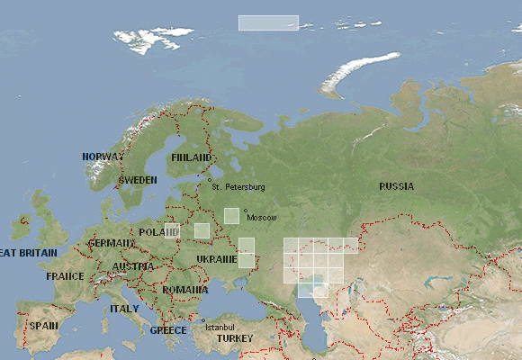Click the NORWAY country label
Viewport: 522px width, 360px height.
[103, 157]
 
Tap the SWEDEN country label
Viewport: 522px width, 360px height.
[138, 180]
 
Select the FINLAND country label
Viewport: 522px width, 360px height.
[191, 157]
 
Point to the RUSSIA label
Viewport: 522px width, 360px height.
[396, 186]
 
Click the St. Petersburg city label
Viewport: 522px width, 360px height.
[238, 187]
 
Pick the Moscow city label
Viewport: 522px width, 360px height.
[263, 218]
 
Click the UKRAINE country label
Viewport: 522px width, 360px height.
[216, 259]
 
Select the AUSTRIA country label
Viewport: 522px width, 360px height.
[133, 266]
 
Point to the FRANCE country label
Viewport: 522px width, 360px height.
[65, 276]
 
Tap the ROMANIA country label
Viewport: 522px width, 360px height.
[186, 290]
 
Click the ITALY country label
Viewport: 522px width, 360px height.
[124, 309]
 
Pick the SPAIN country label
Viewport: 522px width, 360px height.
[42, 326]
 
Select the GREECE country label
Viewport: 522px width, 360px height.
[167, 330]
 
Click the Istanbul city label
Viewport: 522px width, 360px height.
[220, 326]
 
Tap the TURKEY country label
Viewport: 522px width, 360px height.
[235, 338]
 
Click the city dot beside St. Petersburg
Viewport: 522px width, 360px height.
[210, 180]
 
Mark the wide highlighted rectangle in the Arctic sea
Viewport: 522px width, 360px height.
[268, 22]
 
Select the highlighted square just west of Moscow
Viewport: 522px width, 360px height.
[231, 215]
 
